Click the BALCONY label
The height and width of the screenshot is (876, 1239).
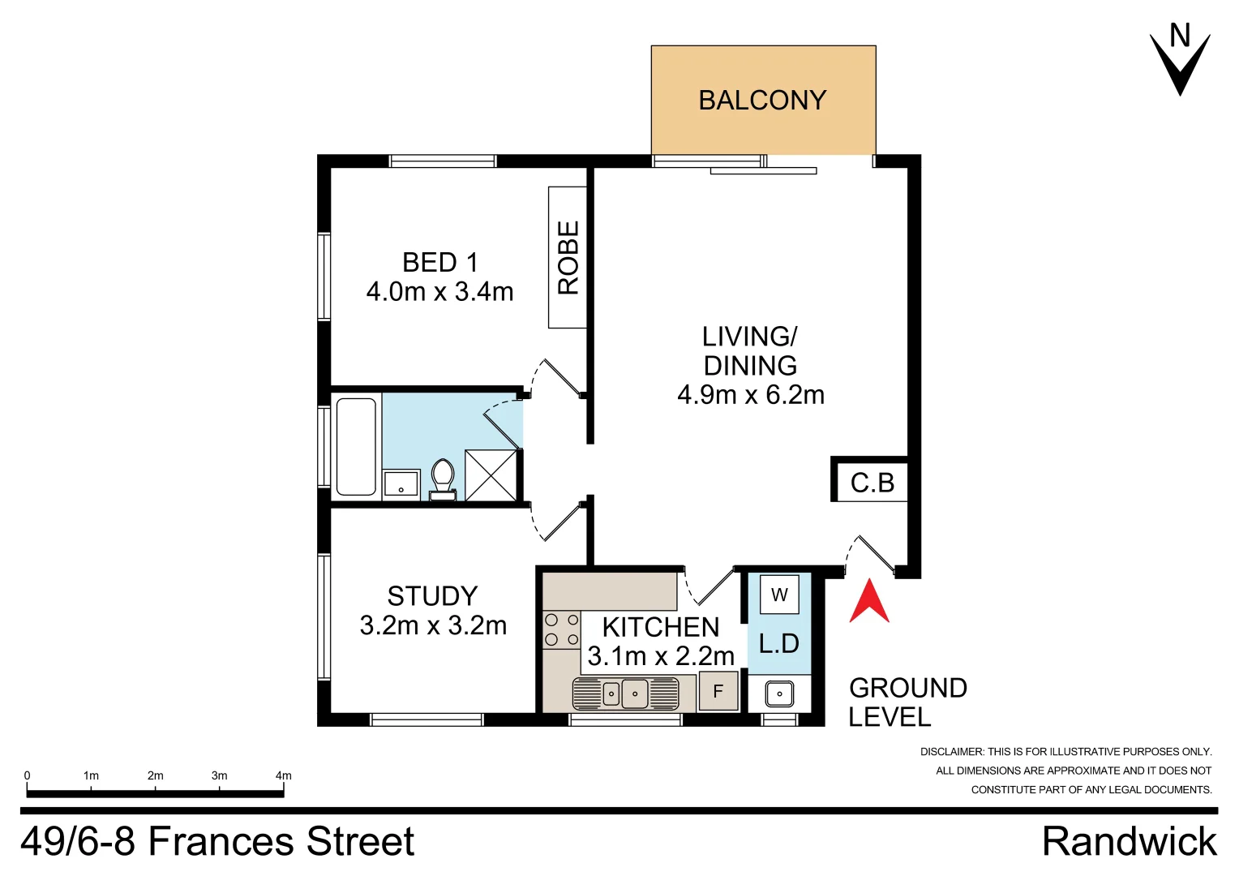762,101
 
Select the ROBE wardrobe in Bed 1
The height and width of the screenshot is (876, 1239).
568,257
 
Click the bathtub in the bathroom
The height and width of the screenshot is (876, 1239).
356,446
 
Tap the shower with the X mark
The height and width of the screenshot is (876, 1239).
491,475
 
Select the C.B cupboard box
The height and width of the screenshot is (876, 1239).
872,483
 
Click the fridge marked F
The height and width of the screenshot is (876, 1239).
718,691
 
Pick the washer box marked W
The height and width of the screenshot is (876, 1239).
779,595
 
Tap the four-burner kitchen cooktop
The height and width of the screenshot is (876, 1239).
562,629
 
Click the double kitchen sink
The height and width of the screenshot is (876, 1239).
624,693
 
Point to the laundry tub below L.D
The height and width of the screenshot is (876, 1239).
779,694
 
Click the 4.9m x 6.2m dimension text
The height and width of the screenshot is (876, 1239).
751,395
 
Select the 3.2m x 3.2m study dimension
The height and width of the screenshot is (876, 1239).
433,625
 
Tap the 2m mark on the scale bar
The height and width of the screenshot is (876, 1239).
155,776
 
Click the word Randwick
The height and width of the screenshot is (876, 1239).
1129,842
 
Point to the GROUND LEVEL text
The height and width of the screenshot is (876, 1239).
907,702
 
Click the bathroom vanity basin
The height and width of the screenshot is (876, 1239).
401,485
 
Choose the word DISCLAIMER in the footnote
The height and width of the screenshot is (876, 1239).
951,752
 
